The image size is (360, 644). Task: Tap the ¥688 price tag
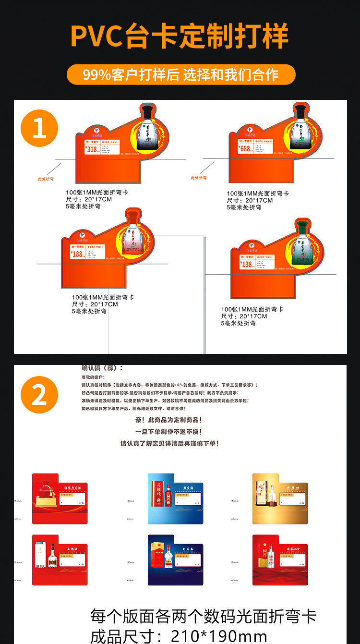coord(245,148)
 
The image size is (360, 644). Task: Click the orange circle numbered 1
coord(39,129)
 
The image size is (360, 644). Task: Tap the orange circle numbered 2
coord(39,394)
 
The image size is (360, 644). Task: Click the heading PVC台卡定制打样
coord(180,36)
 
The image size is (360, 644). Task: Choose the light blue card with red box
coord(175,498)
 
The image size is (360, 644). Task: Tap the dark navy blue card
coord(175,560)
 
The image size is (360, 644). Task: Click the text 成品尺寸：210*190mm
coord(179,636)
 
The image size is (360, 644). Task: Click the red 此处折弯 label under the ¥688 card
coord(198,178)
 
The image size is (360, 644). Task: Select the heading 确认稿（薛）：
coord(102,368)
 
